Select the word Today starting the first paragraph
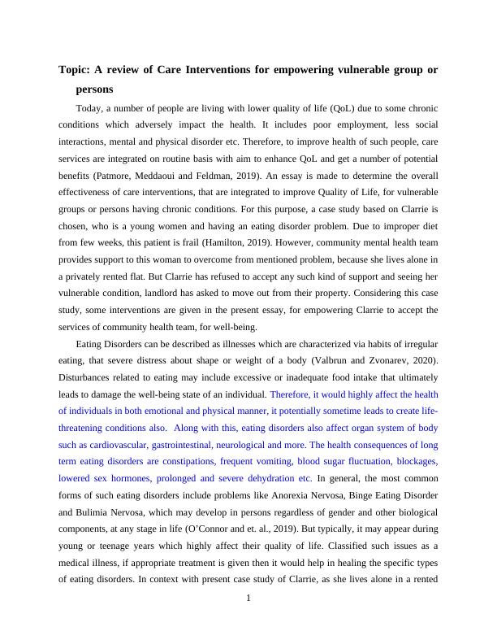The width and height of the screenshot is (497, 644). [89, 108]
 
